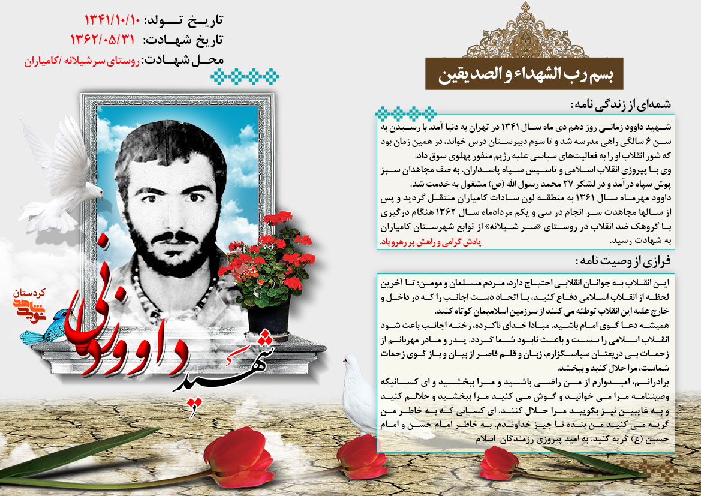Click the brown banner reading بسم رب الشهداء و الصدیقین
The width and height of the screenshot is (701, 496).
(523, 74)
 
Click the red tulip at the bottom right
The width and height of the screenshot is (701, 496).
(499, 462)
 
